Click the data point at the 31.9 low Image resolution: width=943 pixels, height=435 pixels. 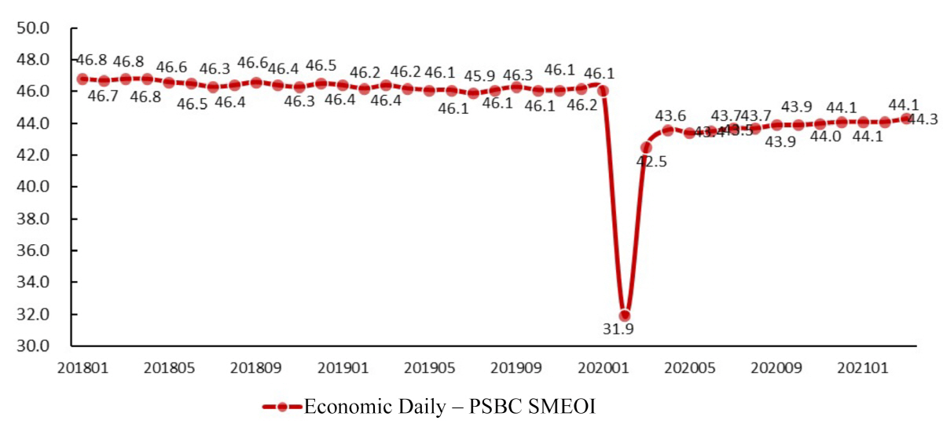click(x=625, y=316)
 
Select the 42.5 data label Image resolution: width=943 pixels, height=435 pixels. click(x=651, y=163)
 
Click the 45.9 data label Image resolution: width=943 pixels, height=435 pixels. click(x=479, y=76)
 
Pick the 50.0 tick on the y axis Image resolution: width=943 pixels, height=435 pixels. click(x=33, y=28)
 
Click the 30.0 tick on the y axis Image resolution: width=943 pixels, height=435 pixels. click(x=33, y=346)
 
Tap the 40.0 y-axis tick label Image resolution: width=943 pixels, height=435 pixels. click(x=33, y=187)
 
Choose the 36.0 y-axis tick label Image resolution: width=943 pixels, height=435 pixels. click(x=33, y=250)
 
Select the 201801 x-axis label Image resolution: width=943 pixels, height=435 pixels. click(x=81, y=367)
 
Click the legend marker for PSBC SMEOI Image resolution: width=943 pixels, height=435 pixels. click(x=282, y=407)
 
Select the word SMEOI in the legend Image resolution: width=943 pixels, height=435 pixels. click(x=565, y=407)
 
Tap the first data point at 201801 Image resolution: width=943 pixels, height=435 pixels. click(x=82, y=79)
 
